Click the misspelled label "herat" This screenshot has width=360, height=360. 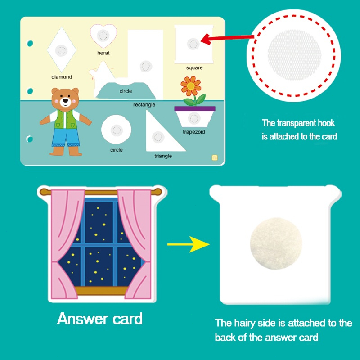pyautogui.click(x=103, y=53)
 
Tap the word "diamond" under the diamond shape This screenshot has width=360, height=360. pyautogui.click(x=62, y=77)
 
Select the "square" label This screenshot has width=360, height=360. pyautogui.click(x=194, y=68)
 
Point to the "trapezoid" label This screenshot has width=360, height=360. pyautogui.click(x=194, y=132)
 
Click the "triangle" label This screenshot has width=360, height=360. pyautogui.click(x=163, y=156)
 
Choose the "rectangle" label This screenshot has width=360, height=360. pyautogui.click(x=144, y=105)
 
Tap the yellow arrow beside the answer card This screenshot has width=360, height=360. pyautogui.click(x=188, y=244)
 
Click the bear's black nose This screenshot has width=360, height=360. pyautogui.click(x=65, y=100)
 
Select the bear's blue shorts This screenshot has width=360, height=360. pyautogui.click(x=66, y=137)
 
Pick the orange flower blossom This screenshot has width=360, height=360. pyautogui.click(x=191, y=86)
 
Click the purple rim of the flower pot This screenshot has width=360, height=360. pyautogui.click(x=195, y=108)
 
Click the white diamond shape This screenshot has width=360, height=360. pyautogui.click(x=62, y=49)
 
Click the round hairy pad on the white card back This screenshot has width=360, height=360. pyautogui.click(x=276, y=243)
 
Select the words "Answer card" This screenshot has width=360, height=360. pyautogui.click(x=100, y=319)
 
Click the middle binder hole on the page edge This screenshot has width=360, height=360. pyautogui.click(x=30, y=91)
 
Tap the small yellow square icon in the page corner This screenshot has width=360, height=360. pyautogui.click(x=215, y=158)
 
